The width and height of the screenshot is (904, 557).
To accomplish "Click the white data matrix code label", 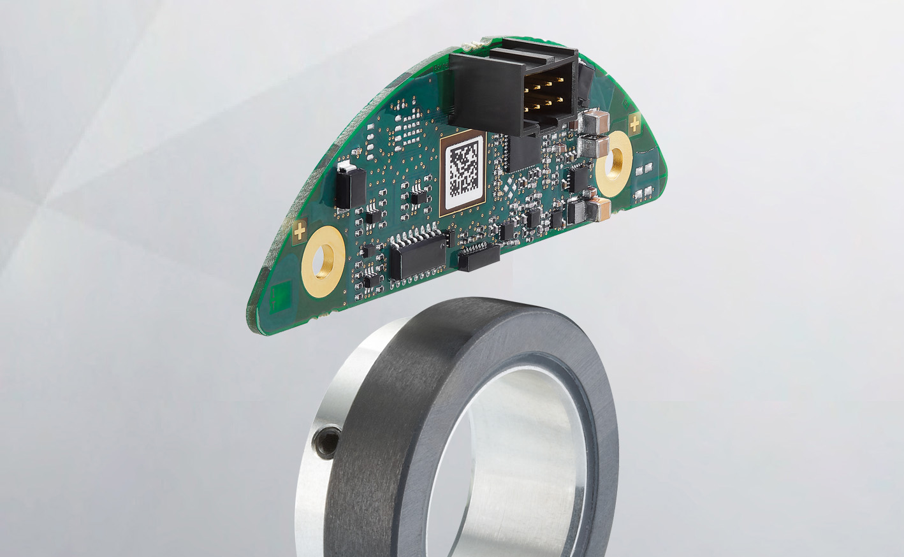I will (x=464, y=171).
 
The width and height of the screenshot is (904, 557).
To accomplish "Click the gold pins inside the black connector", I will (x=542, y=96).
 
